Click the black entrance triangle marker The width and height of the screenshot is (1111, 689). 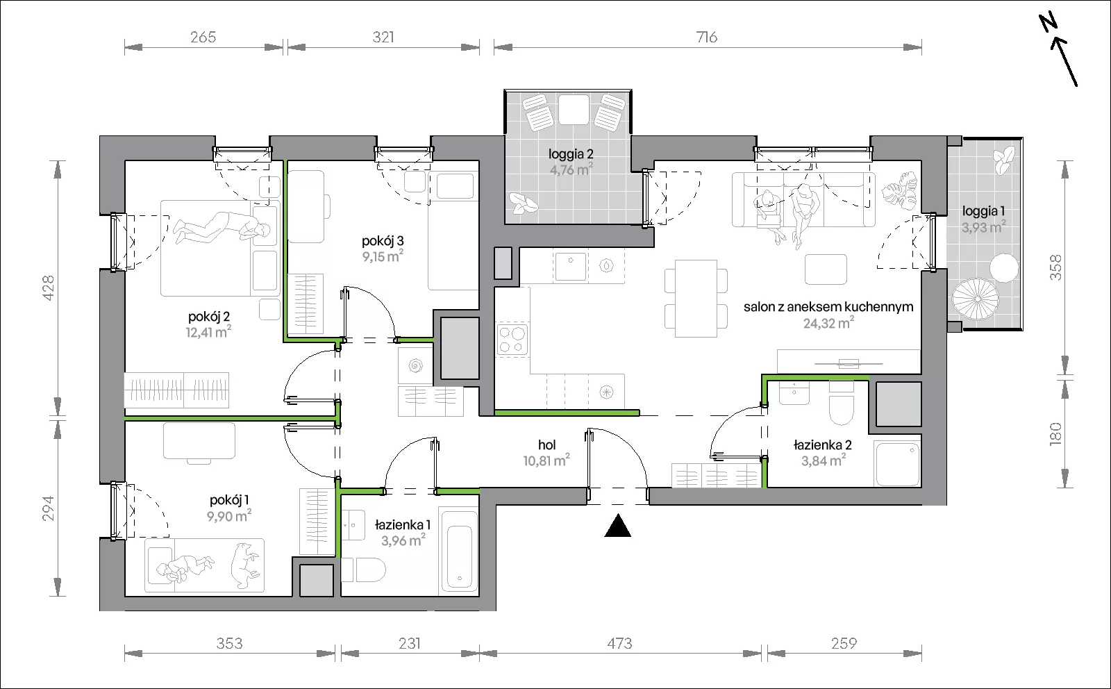click(617, 526)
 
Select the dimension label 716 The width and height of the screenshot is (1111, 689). click(707, 38)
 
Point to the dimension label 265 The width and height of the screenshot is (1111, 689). click(203, 38)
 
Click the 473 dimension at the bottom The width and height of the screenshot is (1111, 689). click(619, 643)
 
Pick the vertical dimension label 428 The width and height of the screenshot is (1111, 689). click(49, 288)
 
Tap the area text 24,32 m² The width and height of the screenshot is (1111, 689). click(828, 323)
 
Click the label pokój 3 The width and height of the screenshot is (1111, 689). click(383, 242)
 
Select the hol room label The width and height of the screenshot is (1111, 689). click(546, 445)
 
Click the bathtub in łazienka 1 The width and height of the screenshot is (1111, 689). click(459, 551)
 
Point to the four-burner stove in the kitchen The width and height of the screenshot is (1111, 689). click(512, 339)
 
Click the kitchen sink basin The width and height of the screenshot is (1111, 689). click(571, 267)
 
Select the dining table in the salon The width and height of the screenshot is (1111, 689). click(696, 299)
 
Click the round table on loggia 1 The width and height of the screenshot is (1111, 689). click(1004, 268)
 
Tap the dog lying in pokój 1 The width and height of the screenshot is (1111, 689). click(245, 565)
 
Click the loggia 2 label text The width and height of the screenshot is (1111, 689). click(571, 154)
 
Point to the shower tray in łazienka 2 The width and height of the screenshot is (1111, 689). click(897, 464)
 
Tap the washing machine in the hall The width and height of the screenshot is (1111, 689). click(415, 366)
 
